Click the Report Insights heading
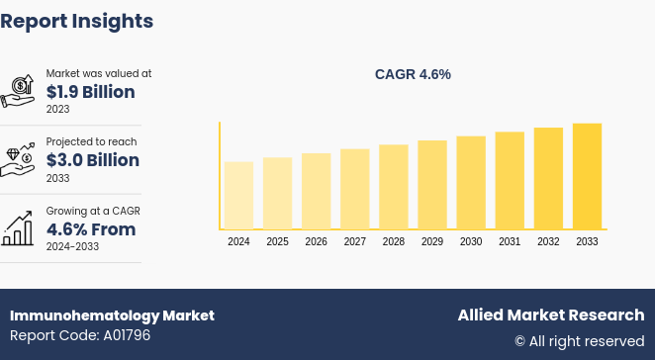point(77,21)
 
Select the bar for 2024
point(238,195)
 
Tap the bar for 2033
point(587,176)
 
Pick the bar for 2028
point(394,187)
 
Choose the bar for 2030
point(471,183)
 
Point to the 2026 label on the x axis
point(317,242)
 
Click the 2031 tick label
point(510,242)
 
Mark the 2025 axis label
point(278,242)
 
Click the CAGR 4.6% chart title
point(413,74)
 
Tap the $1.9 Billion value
point(91,92)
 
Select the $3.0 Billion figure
point(93,160)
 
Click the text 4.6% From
point(91,229)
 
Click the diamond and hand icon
point(18,159)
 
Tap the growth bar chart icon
point(18,228)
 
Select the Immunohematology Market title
point(112,315)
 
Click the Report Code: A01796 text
point(80,335)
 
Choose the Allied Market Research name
point(550,315)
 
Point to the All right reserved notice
point(579,341)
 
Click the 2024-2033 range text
point(73,246)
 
